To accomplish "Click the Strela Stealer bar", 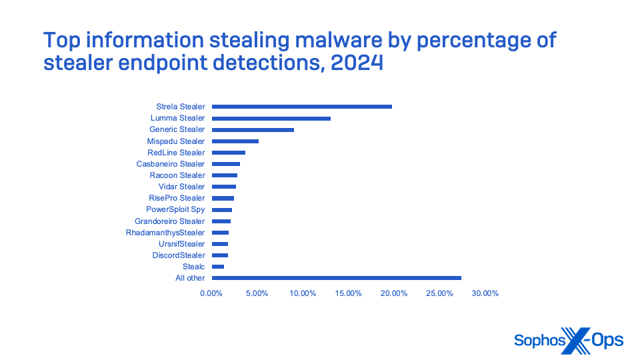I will (301, 107).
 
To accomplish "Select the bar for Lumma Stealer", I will (271, 118).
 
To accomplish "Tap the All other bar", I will (336, 278).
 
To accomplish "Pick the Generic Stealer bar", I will (253, 129).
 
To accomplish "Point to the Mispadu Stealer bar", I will (235, 141).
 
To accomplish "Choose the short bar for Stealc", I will (218, 267).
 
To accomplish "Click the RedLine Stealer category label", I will (176, 153).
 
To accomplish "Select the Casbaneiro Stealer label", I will (171, 164).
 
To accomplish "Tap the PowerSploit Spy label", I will (175, 209).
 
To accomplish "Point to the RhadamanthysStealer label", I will (165, 233).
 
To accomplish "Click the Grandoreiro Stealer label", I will (169, 221).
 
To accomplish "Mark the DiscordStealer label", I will (179, 255).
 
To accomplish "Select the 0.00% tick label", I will (211, 293).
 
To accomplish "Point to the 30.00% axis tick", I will (485, 293).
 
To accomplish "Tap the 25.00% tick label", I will (440, 293).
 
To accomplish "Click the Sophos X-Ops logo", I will (569, 341).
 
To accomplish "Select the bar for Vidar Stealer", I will (223, 187).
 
